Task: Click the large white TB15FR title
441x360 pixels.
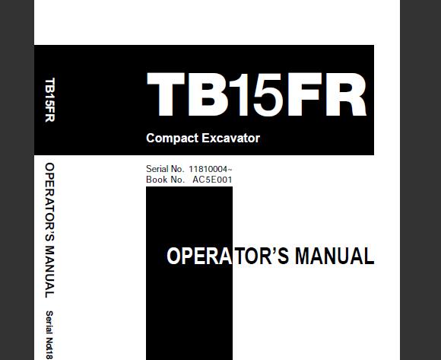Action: pyautogui.click(x=256, y=94)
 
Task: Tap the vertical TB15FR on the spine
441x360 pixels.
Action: pyautogui.click(x=49, y=100)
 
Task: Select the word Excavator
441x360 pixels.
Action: pyautogui.click(x=230, y=138)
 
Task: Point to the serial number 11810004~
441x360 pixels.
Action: pyautogui.click(x=211, y=169)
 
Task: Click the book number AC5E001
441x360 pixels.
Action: pyautogui.click(x=212, y=180)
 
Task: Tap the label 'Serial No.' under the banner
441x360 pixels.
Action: pyautogui.click(x=165, y=169)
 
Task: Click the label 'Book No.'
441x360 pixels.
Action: pyautogui.click(x=165, y=180)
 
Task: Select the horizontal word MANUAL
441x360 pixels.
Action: pyautogui.click(x=335, y=256)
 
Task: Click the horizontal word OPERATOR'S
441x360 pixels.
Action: pyautogui.click(x=228, y=256)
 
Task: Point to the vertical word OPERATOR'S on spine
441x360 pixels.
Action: pyautogui.click(x=49, y=202)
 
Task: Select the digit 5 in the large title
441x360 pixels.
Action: pyautogui.click(x=268, y=95)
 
